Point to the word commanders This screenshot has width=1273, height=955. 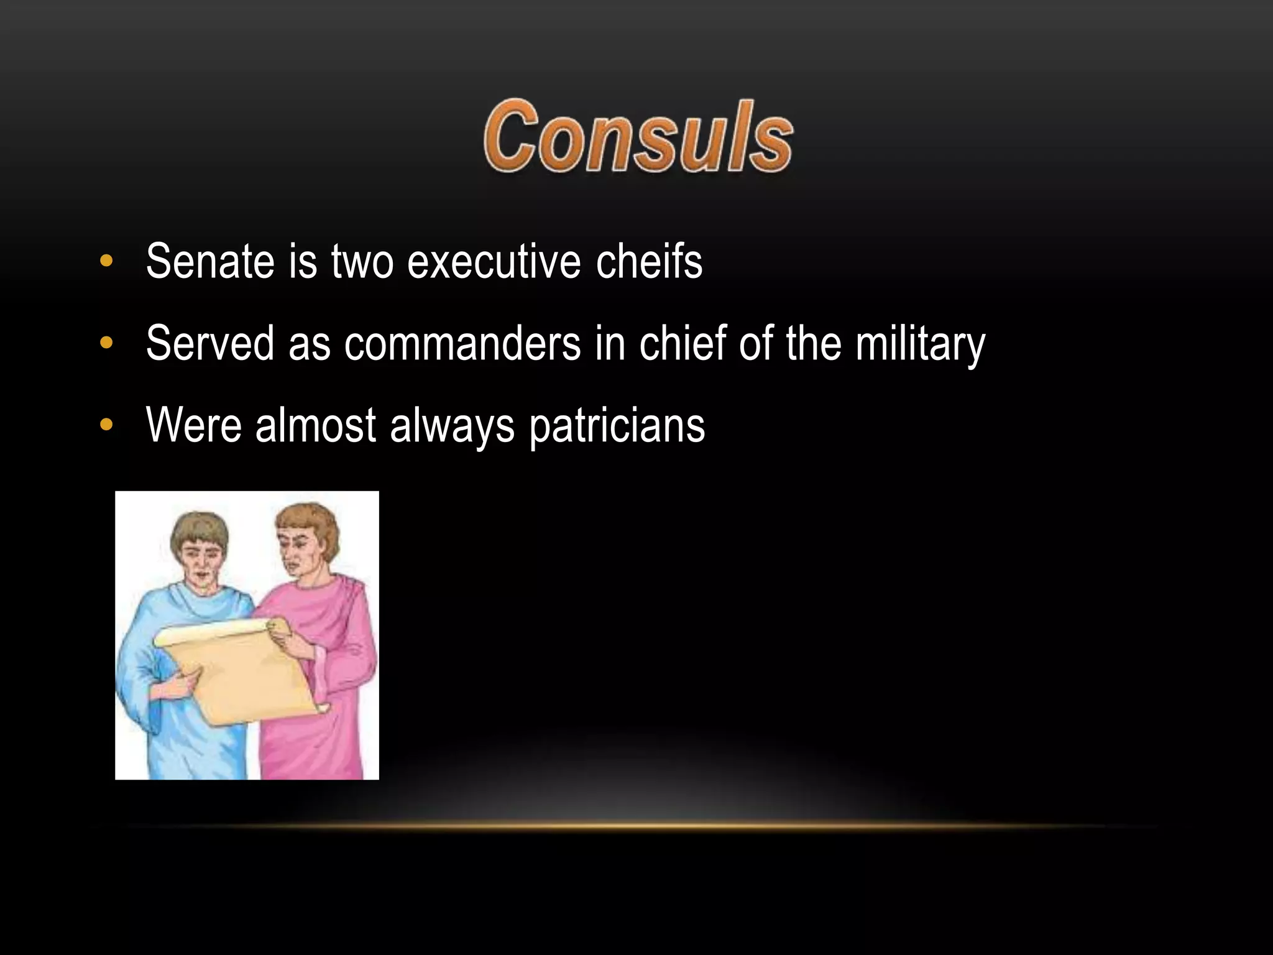click(462, 343)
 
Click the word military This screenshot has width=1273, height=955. click(920, 343)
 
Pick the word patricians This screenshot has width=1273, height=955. click(617, 427)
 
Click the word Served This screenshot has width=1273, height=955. click(210, 343)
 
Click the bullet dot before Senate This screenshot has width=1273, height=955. click(106, 261)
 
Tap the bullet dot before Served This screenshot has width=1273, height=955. click(106, 343)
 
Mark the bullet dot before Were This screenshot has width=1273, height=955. click(106, 425)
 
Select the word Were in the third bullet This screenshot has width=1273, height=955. click(193, 425)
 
